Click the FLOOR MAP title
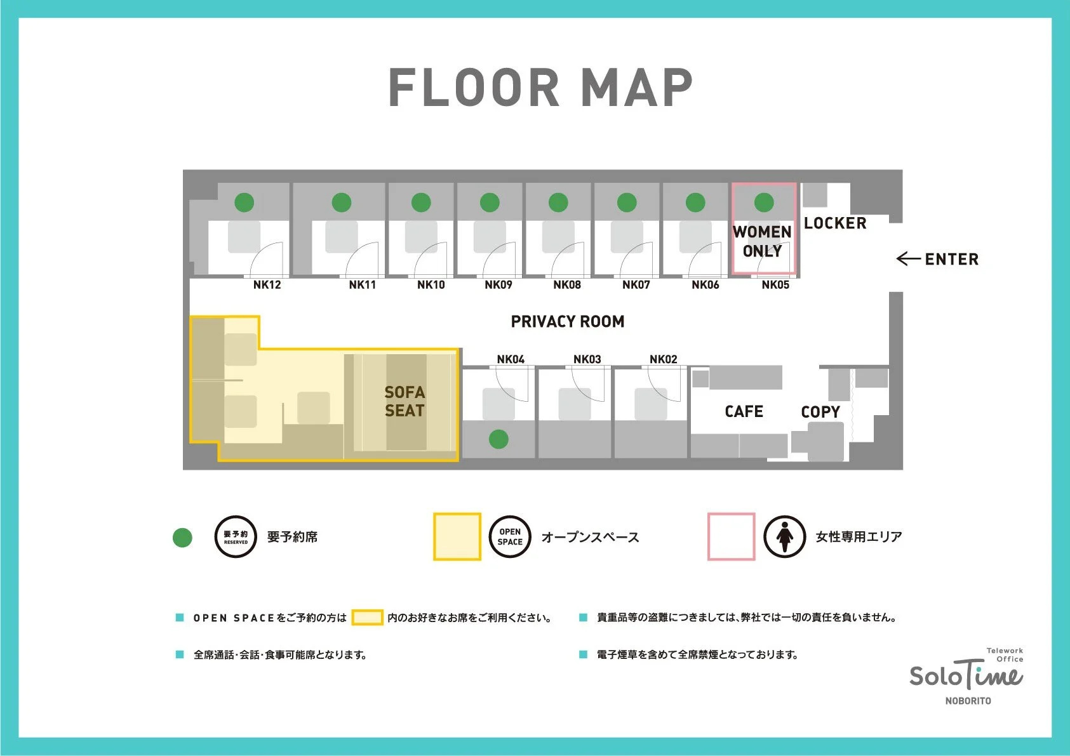tap(541, 88)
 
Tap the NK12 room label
tap(267, 285)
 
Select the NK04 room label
tap(511, 359)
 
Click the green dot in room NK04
tap(498, 439)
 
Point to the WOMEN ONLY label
tap(763, 241)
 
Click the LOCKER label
tap(836, 223)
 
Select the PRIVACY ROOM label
tap(568, 321)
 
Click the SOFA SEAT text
tap(405, 401)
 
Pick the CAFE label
tap(744, 411)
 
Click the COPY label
tap(820, 412)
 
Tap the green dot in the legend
tap(182, 537)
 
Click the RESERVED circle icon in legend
tap(236, 537)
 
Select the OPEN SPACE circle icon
tap(510, 537)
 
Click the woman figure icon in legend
tap(784, 537)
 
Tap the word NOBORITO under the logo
tap(968, 701)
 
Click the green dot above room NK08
tap(558, 202)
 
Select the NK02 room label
tap(664, 359)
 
